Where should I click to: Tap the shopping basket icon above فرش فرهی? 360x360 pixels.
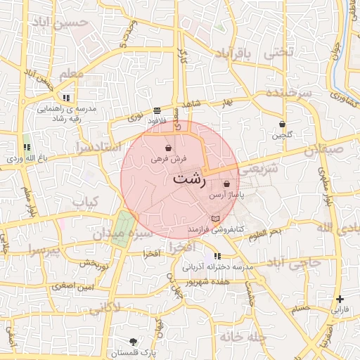coord(168,148)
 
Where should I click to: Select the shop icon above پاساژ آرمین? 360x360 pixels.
coord(226,184)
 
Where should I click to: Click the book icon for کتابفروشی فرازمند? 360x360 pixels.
coord(214,219)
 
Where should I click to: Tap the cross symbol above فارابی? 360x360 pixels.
coord(340,299)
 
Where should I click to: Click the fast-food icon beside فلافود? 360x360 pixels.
coord(156,110)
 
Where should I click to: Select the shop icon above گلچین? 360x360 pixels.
coord(283,123)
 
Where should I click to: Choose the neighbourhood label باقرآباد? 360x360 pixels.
coord(233,53)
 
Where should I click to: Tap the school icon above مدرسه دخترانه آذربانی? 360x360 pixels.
coord(217,257)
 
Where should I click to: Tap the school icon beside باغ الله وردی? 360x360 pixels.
coord(27,147)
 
